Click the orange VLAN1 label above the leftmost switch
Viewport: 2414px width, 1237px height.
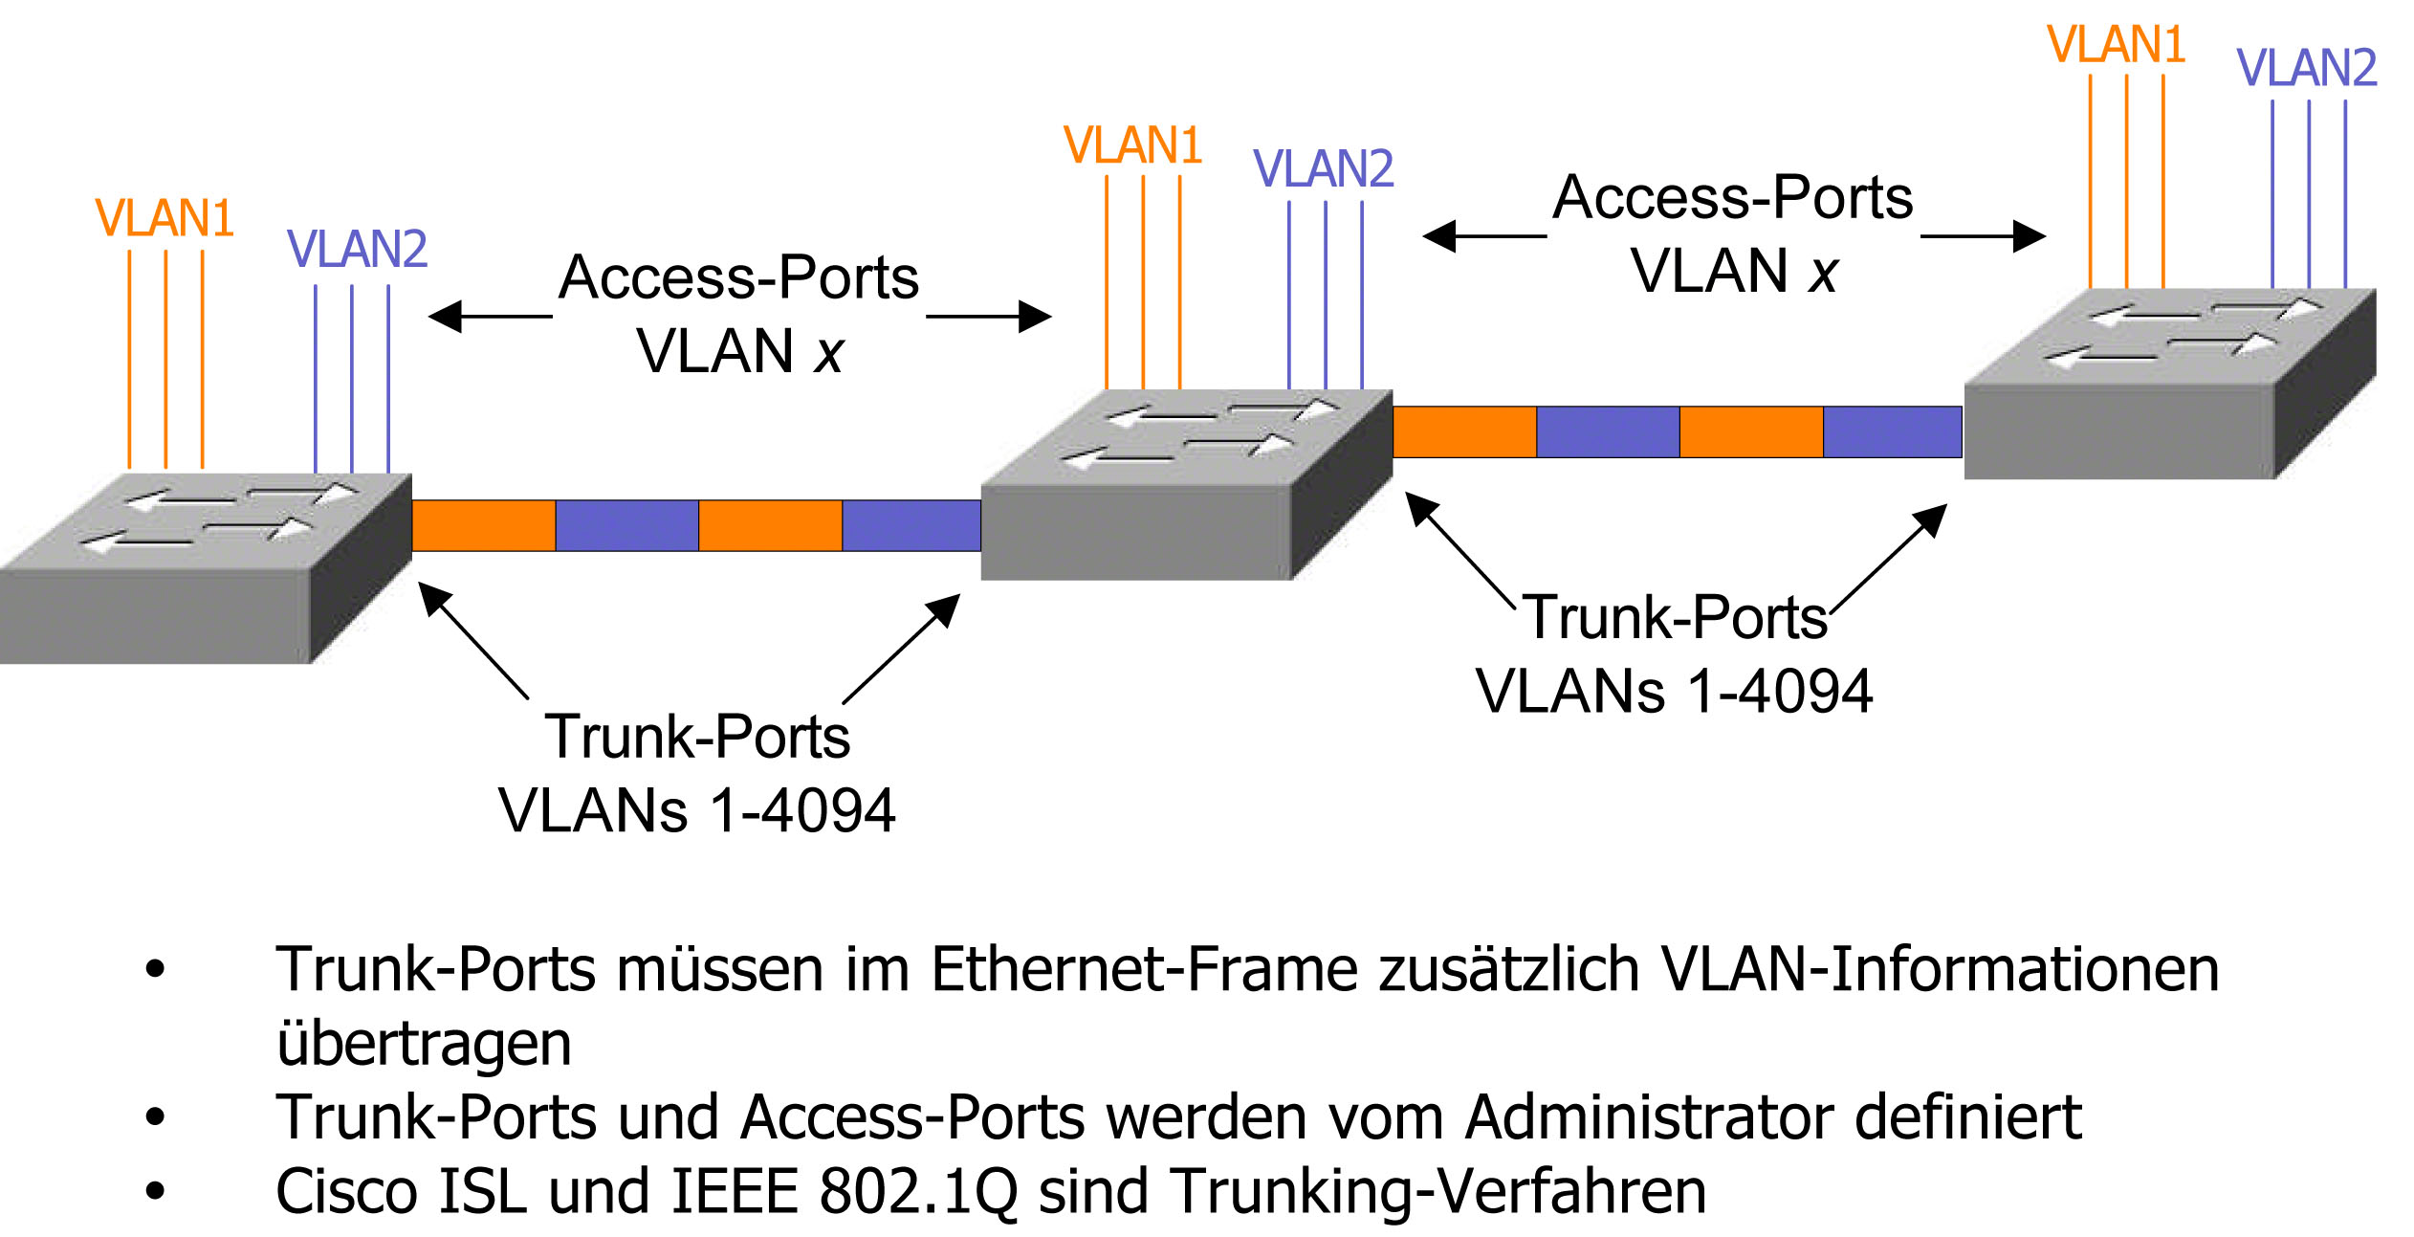click(x=165, y=218)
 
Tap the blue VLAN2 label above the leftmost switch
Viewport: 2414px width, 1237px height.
click(x=357, y=249)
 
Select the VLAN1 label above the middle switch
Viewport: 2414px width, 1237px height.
click(x=1132, y=145)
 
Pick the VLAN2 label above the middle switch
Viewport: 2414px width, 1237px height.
click(x=1324, y=168)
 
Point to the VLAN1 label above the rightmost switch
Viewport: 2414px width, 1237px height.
click(x=2116, y=44)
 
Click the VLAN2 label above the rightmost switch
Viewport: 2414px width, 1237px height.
click(x=2307, y=67)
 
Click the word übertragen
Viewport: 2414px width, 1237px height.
click(x=424, y=1043)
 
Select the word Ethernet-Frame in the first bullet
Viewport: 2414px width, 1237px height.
click(x=1144, y=969)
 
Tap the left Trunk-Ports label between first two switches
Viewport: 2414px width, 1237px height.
click(x=697, y=737)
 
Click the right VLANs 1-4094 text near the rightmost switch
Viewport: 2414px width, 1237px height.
click(x=1674, y=691)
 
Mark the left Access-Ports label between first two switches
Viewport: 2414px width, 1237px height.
click(x=738, y=277)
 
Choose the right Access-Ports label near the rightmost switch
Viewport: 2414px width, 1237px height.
click(x=1732, y=198)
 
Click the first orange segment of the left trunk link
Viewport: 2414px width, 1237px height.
click(x=483, y=525)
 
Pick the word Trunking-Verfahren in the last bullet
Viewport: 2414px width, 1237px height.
click(x=1439, y=1191)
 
